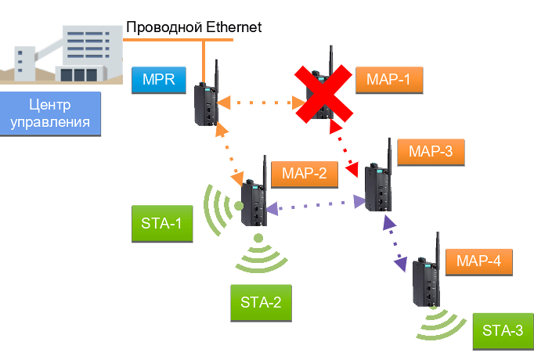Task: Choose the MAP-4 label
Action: click(478, 261)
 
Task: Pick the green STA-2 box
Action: click(261, 303)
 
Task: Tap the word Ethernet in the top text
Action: click(233, 27)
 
